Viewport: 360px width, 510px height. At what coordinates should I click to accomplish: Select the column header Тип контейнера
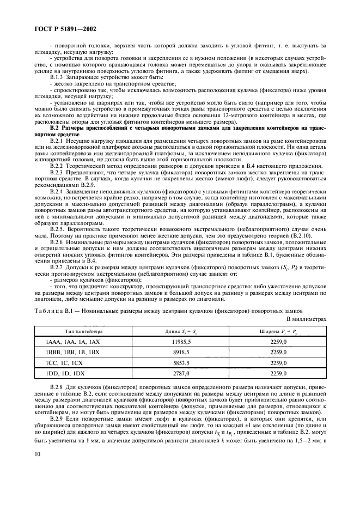coord(84,331)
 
